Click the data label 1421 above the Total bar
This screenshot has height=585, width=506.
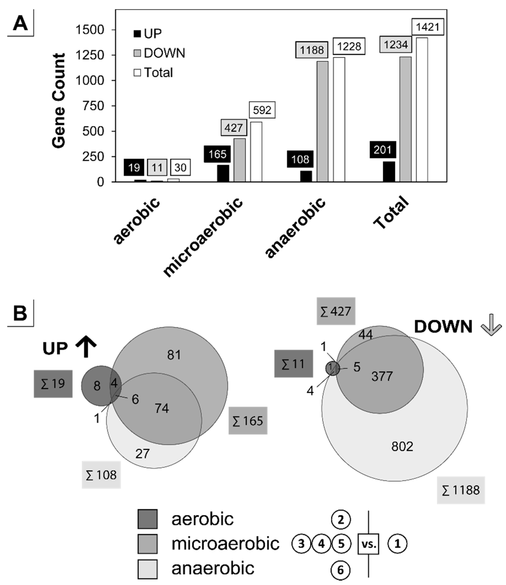tap(427, 27)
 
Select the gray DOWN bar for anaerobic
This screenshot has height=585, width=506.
tap(323, 122)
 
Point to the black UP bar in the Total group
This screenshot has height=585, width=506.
tap(389, 172)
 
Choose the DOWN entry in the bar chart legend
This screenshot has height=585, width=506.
tap(159, 53)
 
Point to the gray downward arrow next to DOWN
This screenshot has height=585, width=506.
tap(492, 325)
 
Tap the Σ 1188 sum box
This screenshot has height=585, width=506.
tap(461, 490)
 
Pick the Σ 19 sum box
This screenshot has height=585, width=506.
tap(53, 384)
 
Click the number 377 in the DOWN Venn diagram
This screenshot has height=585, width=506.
tap(382, 376)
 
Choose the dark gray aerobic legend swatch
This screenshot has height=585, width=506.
tap(147, 519)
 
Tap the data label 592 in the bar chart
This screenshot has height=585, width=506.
tap(262, 110)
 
